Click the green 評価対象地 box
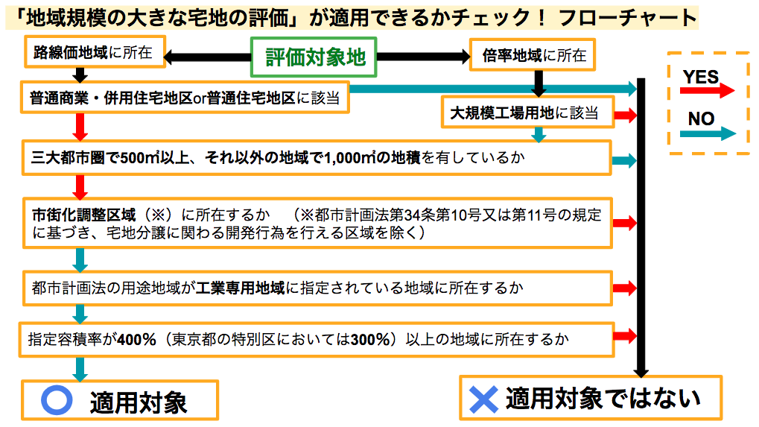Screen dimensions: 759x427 point(314,57)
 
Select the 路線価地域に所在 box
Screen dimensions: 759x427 point(95,52)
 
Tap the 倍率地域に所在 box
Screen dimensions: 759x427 point(533,55)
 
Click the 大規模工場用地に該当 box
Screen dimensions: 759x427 point(527,113)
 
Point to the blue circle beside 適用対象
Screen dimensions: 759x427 point(57,400)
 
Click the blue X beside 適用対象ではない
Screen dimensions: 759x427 point(483,399)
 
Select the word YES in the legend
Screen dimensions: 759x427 point(700,77)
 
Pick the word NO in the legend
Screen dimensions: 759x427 point(702,118)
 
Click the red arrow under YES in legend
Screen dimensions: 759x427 point(707,90)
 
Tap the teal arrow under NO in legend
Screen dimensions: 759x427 point(708,133)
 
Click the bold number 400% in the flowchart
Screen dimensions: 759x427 point(136,339)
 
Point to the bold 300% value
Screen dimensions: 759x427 point(370,339)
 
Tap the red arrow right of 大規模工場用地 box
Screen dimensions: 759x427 point(626,116)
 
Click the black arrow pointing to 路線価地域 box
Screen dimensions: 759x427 point(207,57)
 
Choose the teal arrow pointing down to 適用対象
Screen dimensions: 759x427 point(80,369)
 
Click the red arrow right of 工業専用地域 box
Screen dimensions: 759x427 point(624,288)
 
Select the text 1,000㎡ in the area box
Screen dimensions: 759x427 point(349,158)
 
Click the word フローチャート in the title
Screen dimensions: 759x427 point(627,18)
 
